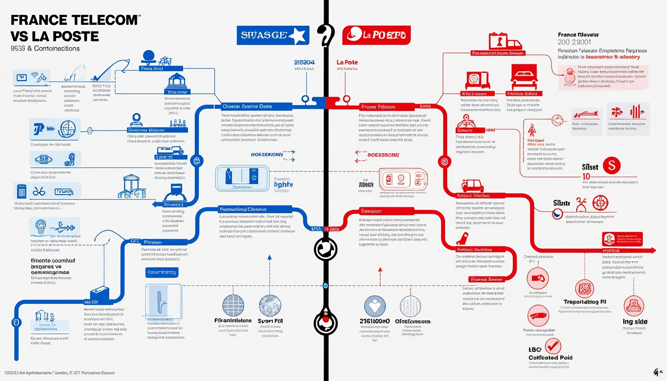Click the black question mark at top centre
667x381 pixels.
[326, 36]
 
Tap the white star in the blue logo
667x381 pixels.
[298, 36]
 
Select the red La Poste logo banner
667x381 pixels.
[376, 36]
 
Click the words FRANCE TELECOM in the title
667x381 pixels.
[73, 20]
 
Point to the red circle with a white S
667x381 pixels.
[611, 166]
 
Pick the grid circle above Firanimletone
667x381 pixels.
[234, 306]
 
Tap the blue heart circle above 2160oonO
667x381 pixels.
[375, 306]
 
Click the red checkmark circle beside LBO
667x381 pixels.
[552, 346]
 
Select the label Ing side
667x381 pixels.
[635, 321]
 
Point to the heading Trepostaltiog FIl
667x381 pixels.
[585, 302]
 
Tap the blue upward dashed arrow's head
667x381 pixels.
[269, 257]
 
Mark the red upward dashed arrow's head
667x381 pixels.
[380, 270]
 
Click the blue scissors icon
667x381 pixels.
[38, 191]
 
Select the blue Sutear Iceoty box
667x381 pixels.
[162, 272]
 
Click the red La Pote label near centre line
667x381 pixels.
[347, 62]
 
